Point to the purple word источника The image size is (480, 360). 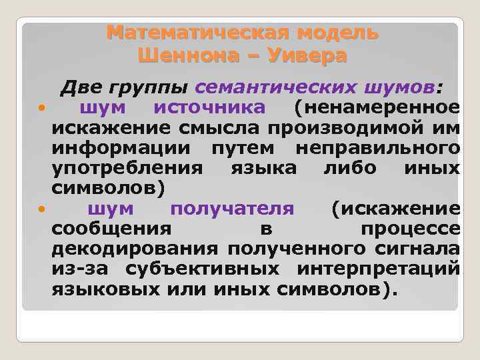point(209,107)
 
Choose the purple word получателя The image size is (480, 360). point(231,208)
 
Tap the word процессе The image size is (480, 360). point(409,228)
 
